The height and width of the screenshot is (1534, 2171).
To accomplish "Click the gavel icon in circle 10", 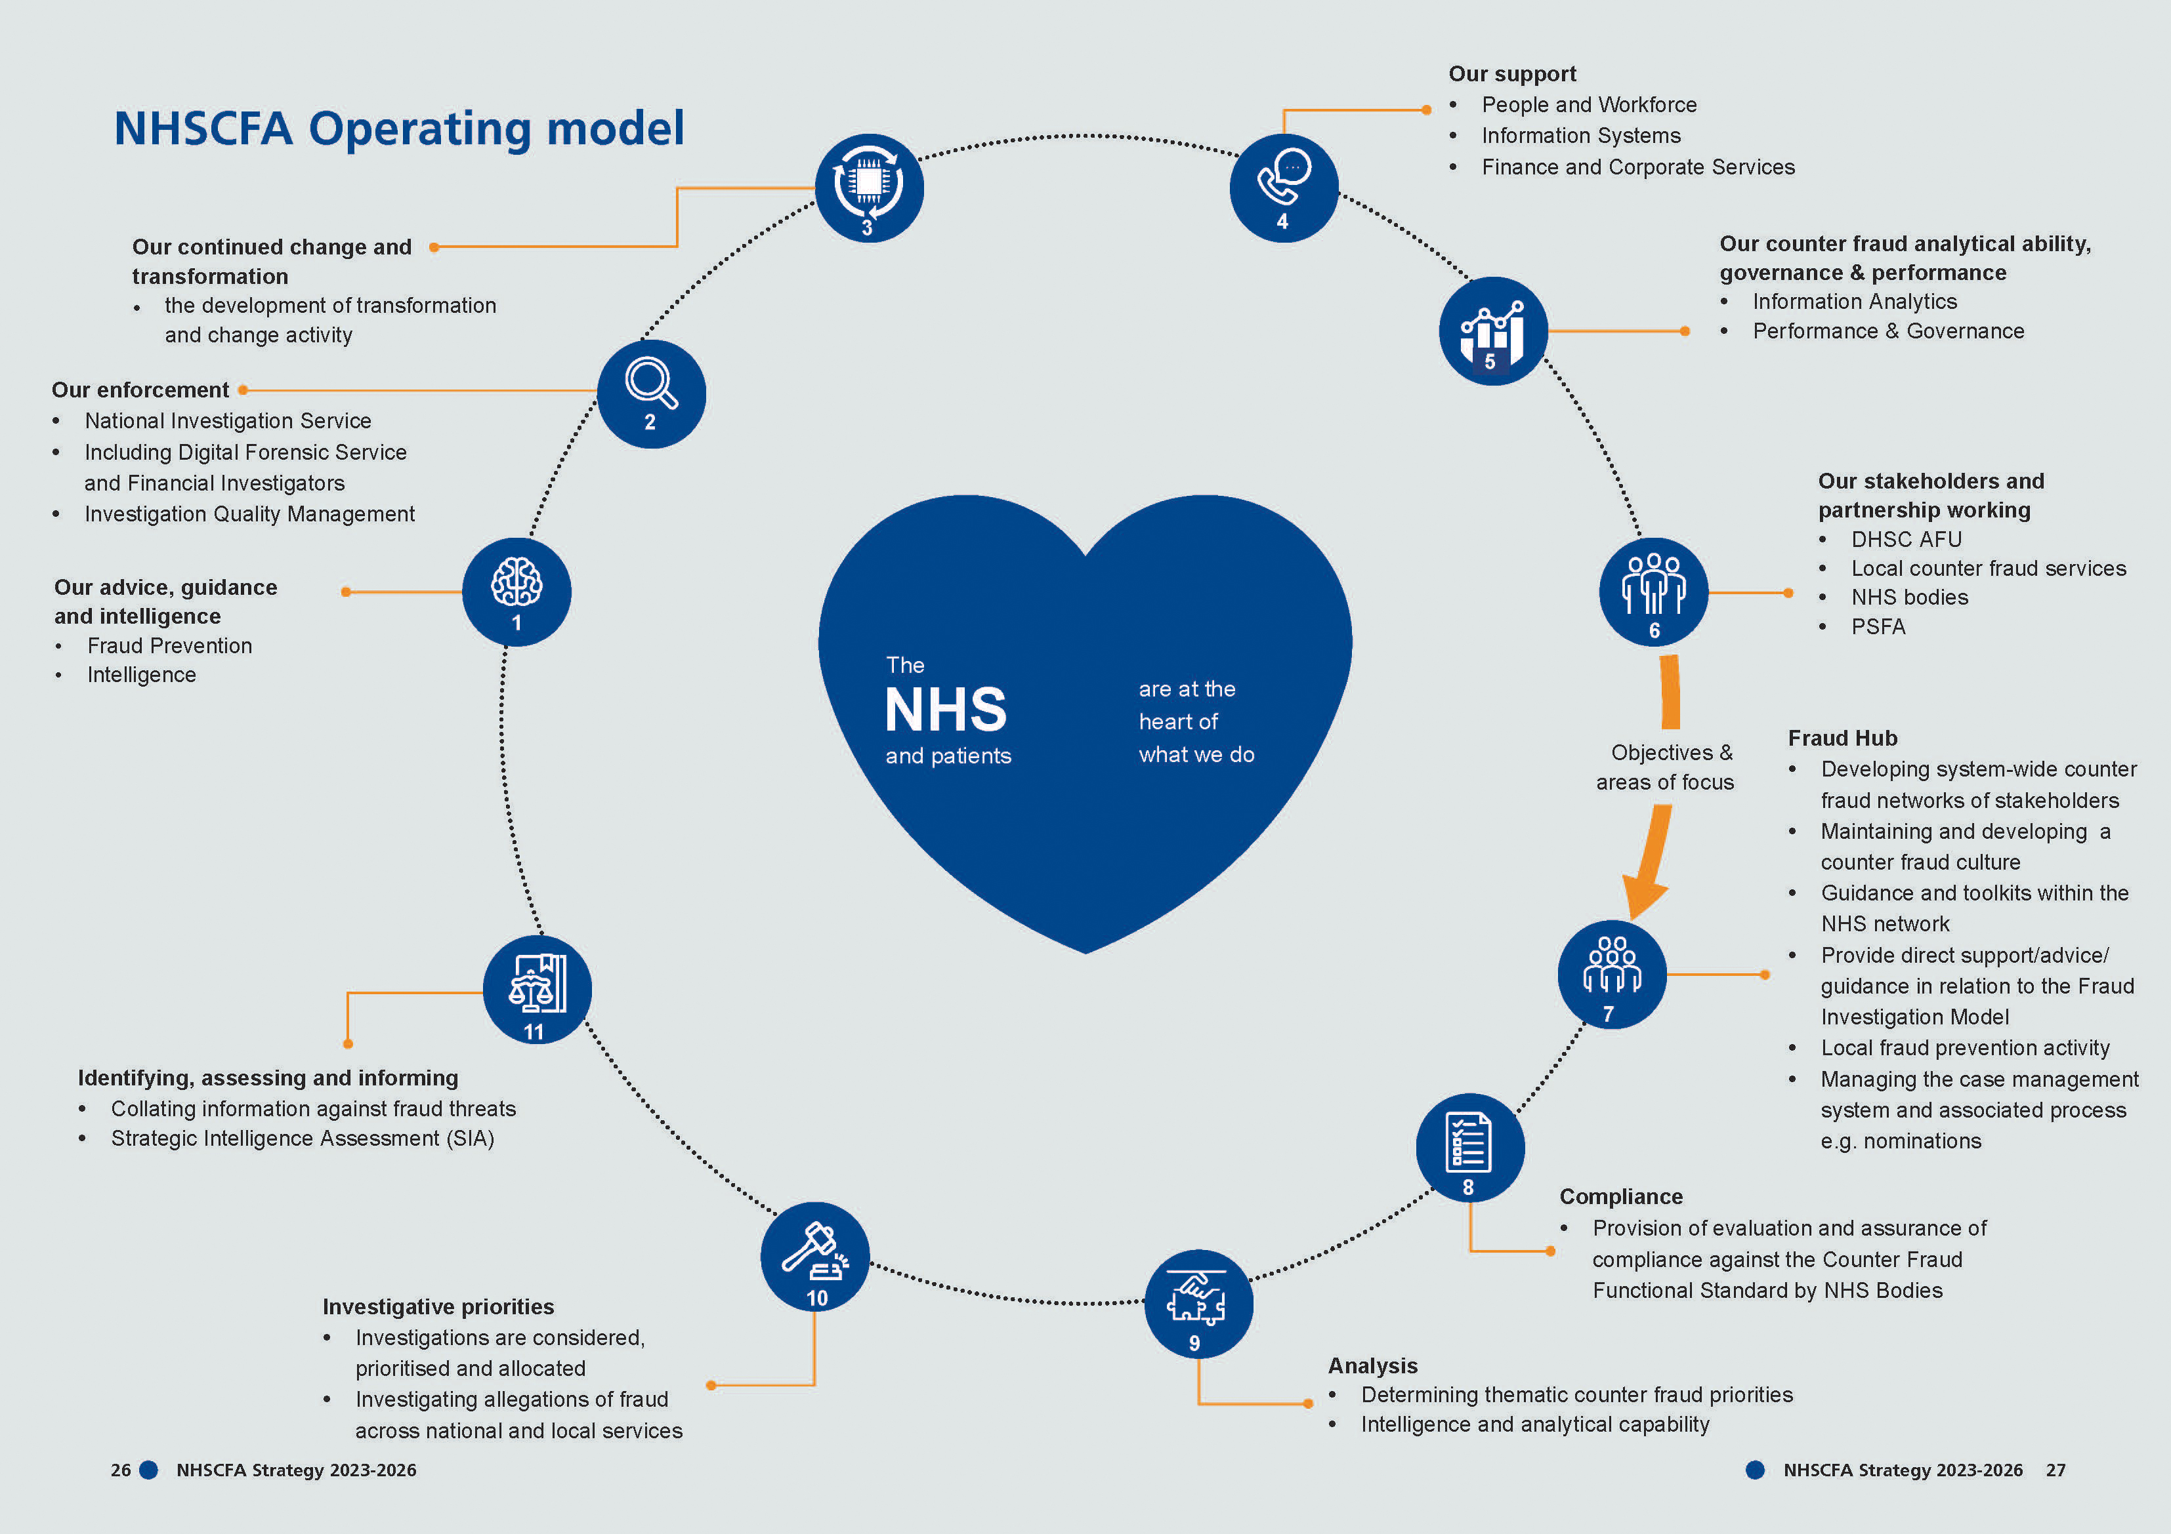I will (x=814, y=1249).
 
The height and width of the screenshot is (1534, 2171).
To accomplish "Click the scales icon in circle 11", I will (x=537, y=984).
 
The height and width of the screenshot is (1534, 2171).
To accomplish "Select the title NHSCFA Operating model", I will (x=398, y=129).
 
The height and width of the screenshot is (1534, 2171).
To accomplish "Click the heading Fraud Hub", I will (x=1842, y=738).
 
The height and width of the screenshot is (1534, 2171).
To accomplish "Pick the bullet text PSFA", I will (x=1878, y=626).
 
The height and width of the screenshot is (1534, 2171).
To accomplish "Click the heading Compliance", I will (x=1620, y=1197).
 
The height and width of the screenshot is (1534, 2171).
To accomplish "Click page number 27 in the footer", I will (x=2055, y=1470).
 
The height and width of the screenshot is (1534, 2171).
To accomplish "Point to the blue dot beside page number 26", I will (x=148, y=1470).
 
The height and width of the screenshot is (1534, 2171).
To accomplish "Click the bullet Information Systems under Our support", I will (x=1581, y=136).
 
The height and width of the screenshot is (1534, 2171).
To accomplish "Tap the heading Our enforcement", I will (x=140, y=390).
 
